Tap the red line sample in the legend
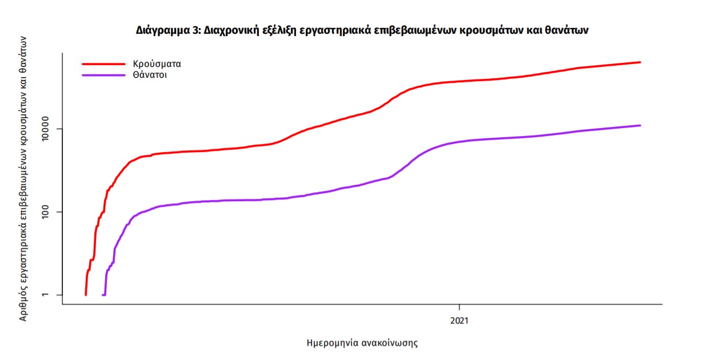[x=103, y=64]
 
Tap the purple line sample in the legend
[x=103, y=75]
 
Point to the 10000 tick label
[x=51, y=129]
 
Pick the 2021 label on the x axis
[x=459, y=321]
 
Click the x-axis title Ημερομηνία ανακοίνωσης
[x=362, y=343]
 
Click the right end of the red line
[x=640, y=62]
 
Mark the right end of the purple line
[x=640, y=125]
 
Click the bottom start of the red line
[x=86, y=295]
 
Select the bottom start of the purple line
[x=103, y=295]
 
